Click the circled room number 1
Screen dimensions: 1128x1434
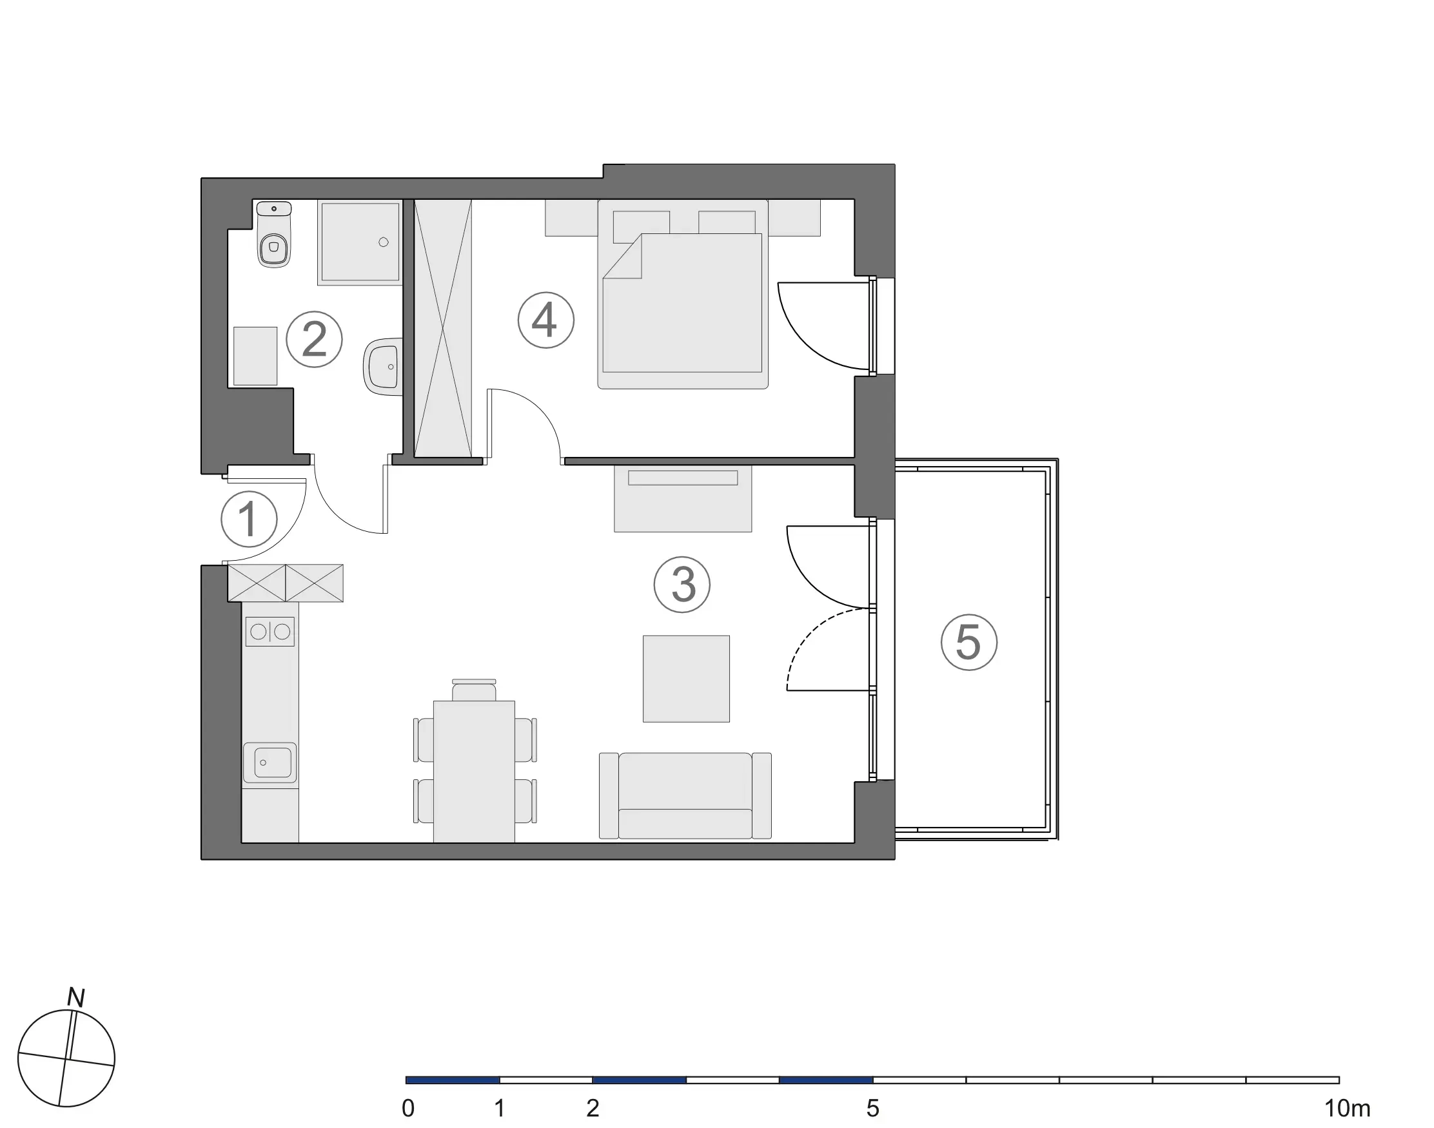coord(249,519)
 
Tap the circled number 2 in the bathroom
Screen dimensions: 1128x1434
coord(314,340)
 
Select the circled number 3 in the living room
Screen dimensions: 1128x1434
coord(682,585)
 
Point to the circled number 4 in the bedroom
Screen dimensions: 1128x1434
coord(545,320)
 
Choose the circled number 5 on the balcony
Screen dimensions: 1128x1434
coord(968,643)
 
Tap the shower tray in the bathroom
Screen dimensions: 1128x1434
coord(360,242)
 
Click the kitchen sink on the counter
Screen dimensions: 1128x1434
coord(270,762)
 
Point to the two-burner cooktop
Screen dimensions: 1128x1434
coord(270,632)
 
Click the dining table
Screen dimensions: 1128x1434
coord(474,771)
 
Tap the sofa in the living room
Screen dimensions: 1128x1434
coord(685,795)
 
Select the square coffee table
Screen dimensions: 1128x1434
coord(686,678)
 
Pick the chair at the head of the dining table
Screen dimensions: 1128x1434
coord(474,690)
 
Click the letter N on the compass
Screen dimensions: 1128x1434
coord(76,998)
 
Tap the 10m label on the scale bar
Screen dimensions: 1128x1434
coord(1347,1108)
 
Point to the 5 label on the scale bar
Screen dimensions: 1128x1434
coord(872,1108)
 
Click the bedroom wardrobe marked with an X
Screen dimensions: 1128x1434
coord(442,328)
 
